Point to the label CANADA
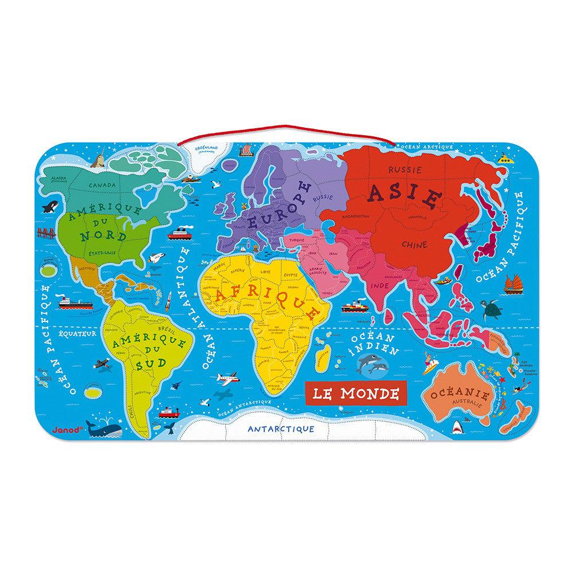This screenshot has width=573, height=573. [103, 186]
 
